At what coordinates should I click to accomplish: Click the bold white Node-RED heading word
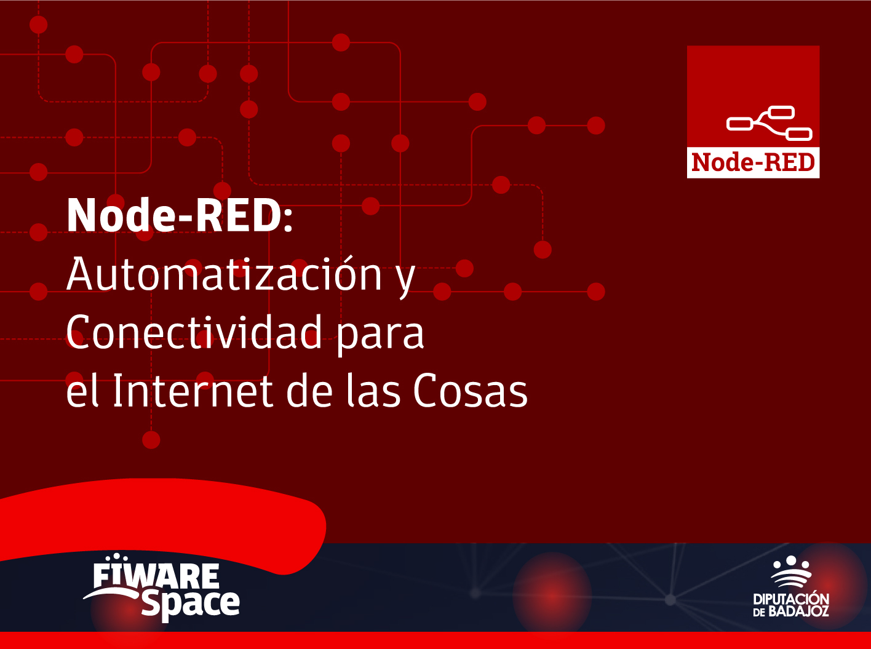point(173,215)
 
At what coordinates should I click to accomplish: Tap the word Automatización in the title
point(224,273)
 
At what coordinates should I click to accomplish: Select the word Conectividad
point(194,332)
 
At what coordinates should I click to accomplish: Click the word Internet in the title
point(193,391)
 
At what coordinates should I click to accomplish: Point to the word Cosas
point(470,391)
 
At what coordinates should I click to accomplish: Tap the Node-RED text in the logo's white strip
point(753,162)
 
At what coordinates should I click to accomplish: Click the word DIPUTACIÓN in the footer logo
point(791,599)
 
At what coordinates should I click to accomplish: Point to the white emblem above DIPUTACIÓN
point(791,571)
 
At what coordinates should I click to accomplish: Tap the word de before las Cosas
point(310,390)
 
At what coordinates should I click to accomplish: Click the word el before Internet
point(82,390)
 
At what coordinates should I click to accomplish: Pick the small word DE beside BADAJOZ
point(759,613)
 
